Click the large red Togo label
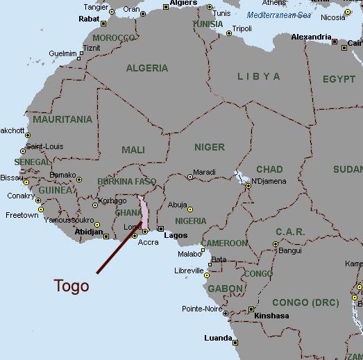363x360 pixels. (x=72, y=286)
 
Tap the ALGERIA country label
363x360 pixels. (x=147, y=68)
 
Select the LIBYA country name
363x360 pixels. (x=258, y=76)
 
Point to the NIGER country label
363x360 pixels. (x=210, y=147)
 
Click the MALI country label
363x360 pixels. (x=133, y=150)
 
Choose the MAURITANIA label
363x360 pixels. (x=62, y=119)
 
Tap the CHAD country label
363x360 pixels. (x=269, y=169)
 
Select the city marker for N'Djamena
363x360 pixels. (x=248, y=185)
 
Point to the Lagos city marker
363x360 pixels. (x=160, y=229)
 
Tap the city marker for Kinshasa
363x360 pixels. (x=251, y=309)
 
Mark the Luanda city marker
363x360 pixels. (x=235, y=342)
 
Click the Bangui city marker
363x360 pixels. (x=276, y=244)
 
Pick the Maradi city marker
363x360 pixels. (x=190, y=177)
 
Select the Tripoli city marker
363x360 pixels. (x=229, y=33)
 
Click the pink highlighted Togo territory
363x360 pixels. (x=144, y=212)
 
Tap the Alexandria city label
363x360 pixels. (x=311, y=37)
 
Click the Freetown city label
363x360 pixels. (x=22, y=216)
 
